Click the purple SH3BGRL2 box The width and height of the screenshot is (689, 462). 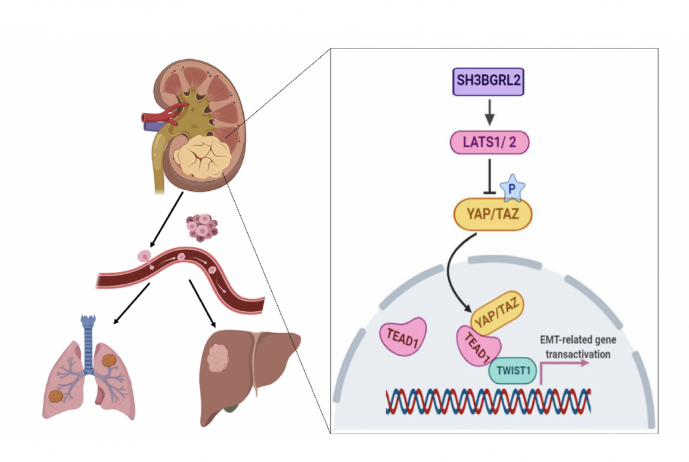pos(488,81)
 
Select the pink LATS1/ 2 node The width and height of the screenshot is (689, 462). pos(489,143)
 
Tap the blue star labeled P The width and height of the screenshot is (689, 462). pos(512,188)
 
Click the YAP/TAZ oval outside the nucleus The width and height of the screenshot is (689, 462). pos(493,214)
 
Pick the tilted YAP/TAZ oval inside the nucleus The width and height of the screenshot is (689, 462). pos(497,313)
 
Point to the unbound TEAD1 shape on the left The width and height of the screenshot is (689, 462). pos(403,337)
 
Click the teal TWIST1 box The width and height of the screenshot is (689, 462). pos(513,371)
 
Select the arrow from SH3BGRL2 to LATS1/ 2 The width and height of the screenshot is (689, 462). pos(490,112)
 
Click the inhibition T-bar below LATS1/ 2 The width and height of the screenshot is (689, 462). pos(490,176)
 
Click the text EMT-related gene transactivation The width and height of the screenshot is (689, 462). pos(578,347)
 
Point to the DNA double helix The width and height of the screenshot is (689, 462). pos(488,401)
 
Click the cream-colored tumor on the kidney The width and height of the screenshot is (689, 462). pos(202,157)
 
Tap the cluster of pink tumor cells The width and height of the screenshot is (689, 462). pos(202,228)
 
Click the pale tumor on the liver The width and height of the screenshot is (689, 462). pos(218,358)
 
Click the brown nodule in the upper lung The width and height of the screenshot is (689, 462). pos(109,360)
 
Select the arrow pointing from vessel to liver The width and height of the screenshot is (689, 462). pos(202,304)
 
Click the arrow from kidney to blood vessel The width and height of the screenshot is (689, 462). pos(166,220)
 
